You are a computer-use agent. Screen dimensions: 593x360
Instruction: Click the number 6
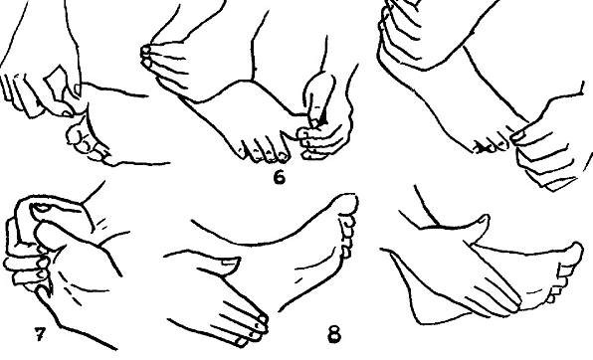pos(279,178)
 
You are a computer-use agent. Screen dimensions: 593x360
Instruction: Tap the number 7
pos(40,333)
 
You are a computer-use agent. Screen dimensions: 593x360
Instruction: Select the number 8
pos(333,335)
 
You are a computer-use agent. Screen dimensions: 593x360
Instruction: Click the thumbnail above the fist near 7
pos(41,207)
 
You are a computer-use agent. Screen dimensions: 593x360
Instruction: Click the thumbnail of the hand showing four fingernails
pos(230,262)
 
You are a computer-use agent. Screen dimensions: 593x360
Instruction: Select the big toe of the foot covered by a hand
pos(573,252)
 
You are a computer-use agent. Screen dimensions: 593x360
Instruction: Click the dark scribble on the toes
pos(481,148)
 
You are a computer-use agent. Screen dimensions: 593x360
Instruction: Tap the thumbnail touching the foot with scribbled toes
pos(517,136)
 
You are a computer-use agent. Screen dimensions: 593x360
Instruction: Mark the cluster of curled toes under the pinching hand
pos(87,142)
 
